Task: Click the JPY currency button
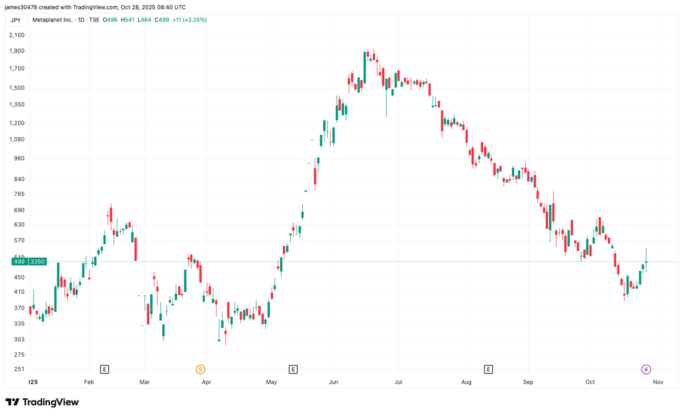coord(16,20)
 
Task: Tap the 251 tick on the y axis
coord(19,369)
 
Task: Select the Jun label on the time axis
coord(334,382)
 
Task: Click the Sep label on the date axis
coord(528,382)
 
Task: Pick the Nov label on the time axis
coord(658,382)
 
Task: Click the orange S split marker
coord(200,369)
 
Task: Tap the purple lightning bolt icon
coord(646,369)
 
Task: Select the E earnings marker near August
coord(488,369)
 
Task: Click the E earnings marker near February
coord(104,369)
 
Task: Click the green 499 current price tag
coord(19,262)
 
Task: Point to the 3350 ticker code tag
coord(38,262)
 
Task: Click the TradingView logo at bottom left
coord(43,402)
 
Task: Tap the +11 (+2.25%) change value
coord(190,20)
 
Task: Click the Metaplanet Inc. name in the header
coord(68,20)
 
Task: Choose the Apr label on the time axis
coord(206,382)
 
